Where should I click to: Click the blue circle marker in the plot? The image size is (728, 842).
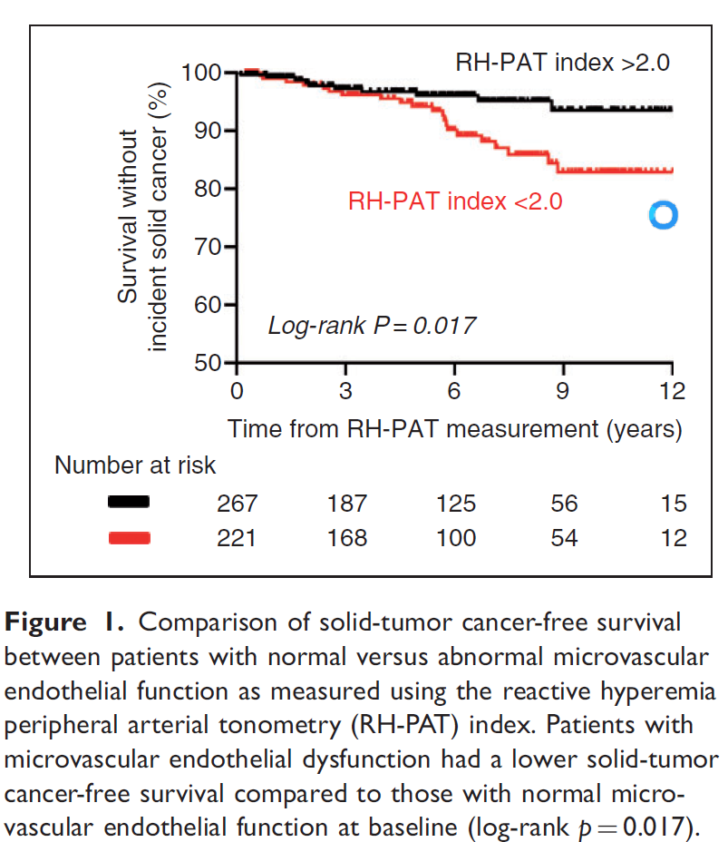coord(663,215)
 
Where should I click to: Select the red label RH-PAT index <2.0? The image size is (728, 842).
coord(455,201)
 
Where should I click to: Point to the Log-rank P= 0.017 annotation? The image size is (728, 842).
coord(372,325)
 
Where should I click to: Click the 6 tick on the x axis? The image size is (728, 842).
coord(454,391)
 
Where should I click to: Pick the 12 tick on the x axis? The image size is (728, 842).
coord(672,391)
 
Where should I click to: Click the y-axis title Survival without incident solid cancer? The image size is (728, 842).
coord(143,218)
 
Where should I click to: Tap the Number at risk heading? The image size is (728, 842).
coord(135,465)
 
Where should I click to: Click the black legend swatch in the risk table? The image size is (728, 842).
coord(129,502)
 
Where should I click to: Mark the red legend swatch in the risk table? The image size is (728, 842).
coord(129,538)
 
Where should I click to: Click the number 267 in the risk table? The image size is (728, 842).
coord(238,503)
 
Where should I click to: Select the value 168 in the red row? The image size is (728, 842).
coord(347,538)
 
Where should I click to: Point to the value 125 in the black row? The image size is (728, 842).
coord(455,503)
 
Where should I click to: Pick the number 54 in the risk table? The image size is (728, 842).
coord(564,538)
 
